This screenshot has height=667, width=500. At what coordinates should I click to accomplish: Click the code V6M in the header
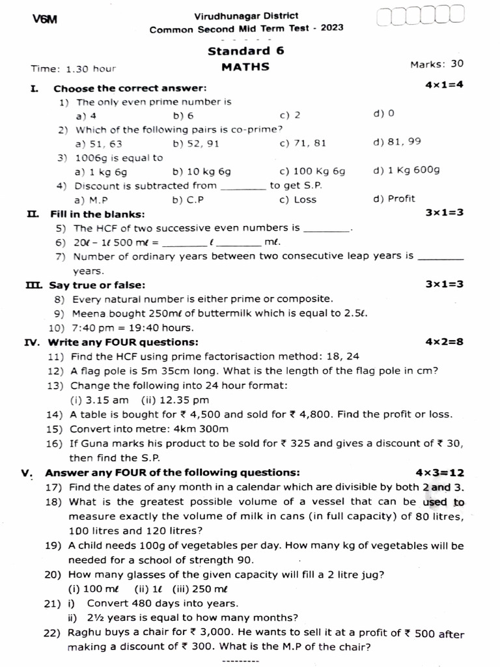pos(45,20)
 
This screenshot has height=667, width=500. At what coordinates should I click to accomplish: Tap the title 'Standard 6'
pos(245,51)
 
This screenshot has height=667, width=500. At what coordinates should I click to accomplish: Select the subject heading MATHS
pos(245,66)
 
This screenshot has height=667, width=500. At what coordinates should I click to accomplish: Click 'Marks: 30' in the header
pos(436,64)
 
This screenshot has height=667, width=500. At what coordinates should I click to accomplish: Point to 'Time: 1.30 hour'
pos(73,68)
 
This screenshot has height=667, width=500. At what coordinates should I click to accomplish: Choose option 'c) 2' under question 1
pos(290,115)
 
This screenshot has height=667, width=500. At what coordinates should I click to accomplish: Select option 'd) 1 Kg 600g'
pos(407,171)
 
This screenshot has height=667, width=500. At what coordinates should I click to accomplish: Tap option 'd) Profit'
pos(394,199)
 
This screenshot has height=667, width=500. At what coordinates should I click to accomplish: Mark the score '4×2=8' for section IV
pos(444,341)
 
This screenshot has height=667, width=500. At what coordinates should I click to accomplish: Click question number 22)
pos(56,633)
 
